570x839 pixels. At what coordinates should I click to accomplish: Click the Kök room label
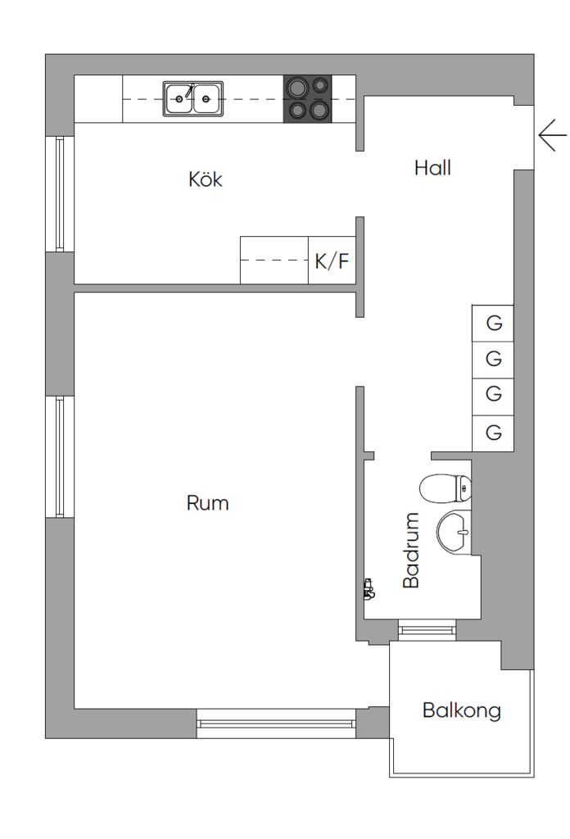205,179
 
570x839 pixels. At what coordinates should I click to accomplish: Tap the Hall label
432,168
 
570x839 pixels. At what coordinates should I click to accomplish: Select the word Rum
207,502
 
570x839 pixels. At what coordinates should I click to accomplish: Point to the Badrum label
411,550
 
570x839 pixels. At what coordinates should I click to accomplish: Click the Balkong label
461,710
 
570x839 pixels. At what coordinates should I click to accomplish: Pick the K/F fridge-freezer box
332,261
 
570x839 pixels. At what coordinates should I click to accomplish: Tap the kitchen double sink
192,99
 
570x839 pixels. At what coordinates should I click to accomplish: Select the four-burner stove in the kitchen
308,98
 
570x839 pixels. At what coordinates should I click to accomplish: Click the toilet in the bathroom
446,489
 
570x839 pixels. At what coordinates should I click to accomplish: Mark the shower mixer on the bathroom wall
369,587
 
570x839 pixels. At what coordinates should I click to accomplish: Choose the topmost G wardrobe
493,322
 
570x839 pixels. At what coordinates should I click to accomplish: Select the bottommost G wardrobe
493,432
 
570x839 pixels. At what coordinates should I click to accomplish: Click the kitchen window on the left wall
60,193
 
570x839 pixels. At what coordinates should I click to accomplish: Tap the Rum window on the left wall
60,456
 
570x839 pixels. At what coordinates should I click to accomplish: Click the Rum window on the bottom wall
276,723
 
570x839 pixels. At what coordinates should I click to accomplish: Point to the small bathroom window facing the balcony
426,628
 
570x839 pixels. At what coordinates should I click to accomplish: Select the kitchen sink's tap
191,90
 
